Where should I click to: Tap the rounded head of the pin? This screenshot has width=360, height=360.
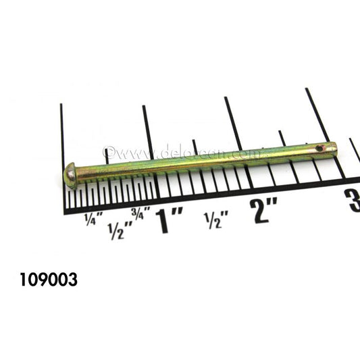coord(70,174)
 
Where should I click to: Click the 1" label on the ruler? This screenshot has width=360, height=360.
coord(170,221)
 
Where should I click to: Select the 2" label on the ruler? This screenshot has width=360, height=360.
coord(263,210)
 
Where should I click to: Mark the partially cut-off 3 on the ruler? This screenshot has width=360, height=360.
coord(353,201)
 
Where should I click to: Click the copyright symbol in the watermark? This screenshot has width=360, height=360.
coord(108,153)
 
